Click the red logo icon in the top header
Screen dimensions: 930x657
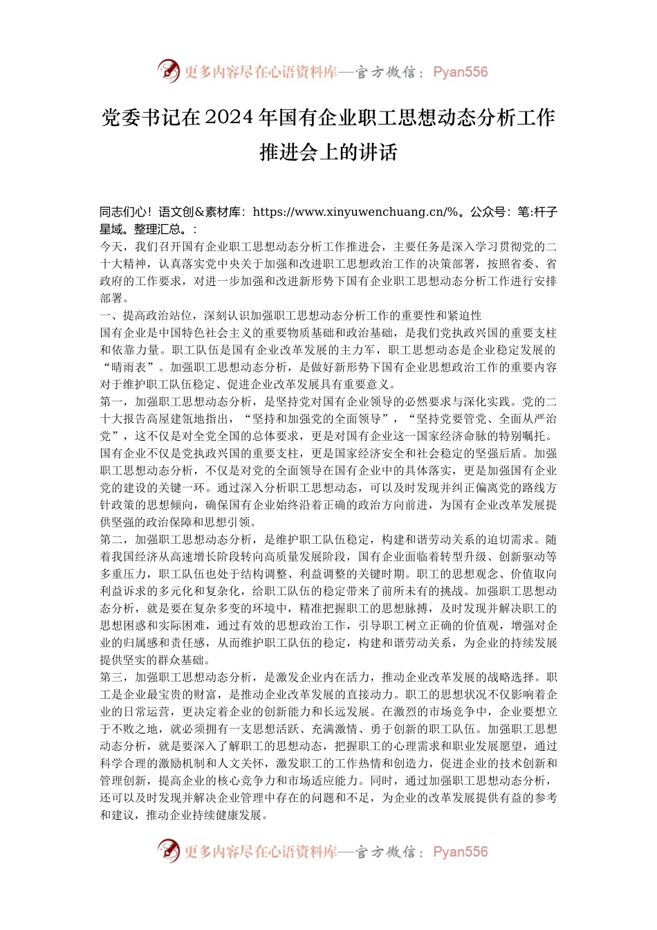coord(168,71)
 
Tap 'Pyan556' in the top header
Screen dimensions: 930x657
coord(461,72)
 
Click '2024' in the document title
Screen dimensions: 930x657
coord(230,118)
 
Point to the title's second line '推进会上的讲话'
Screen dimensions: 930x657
coord(328,152)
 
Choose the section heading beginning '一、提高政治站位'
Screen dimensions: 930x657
coord(290,316)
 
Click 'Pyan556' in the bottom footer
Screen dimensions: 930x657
coord(461,852)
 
